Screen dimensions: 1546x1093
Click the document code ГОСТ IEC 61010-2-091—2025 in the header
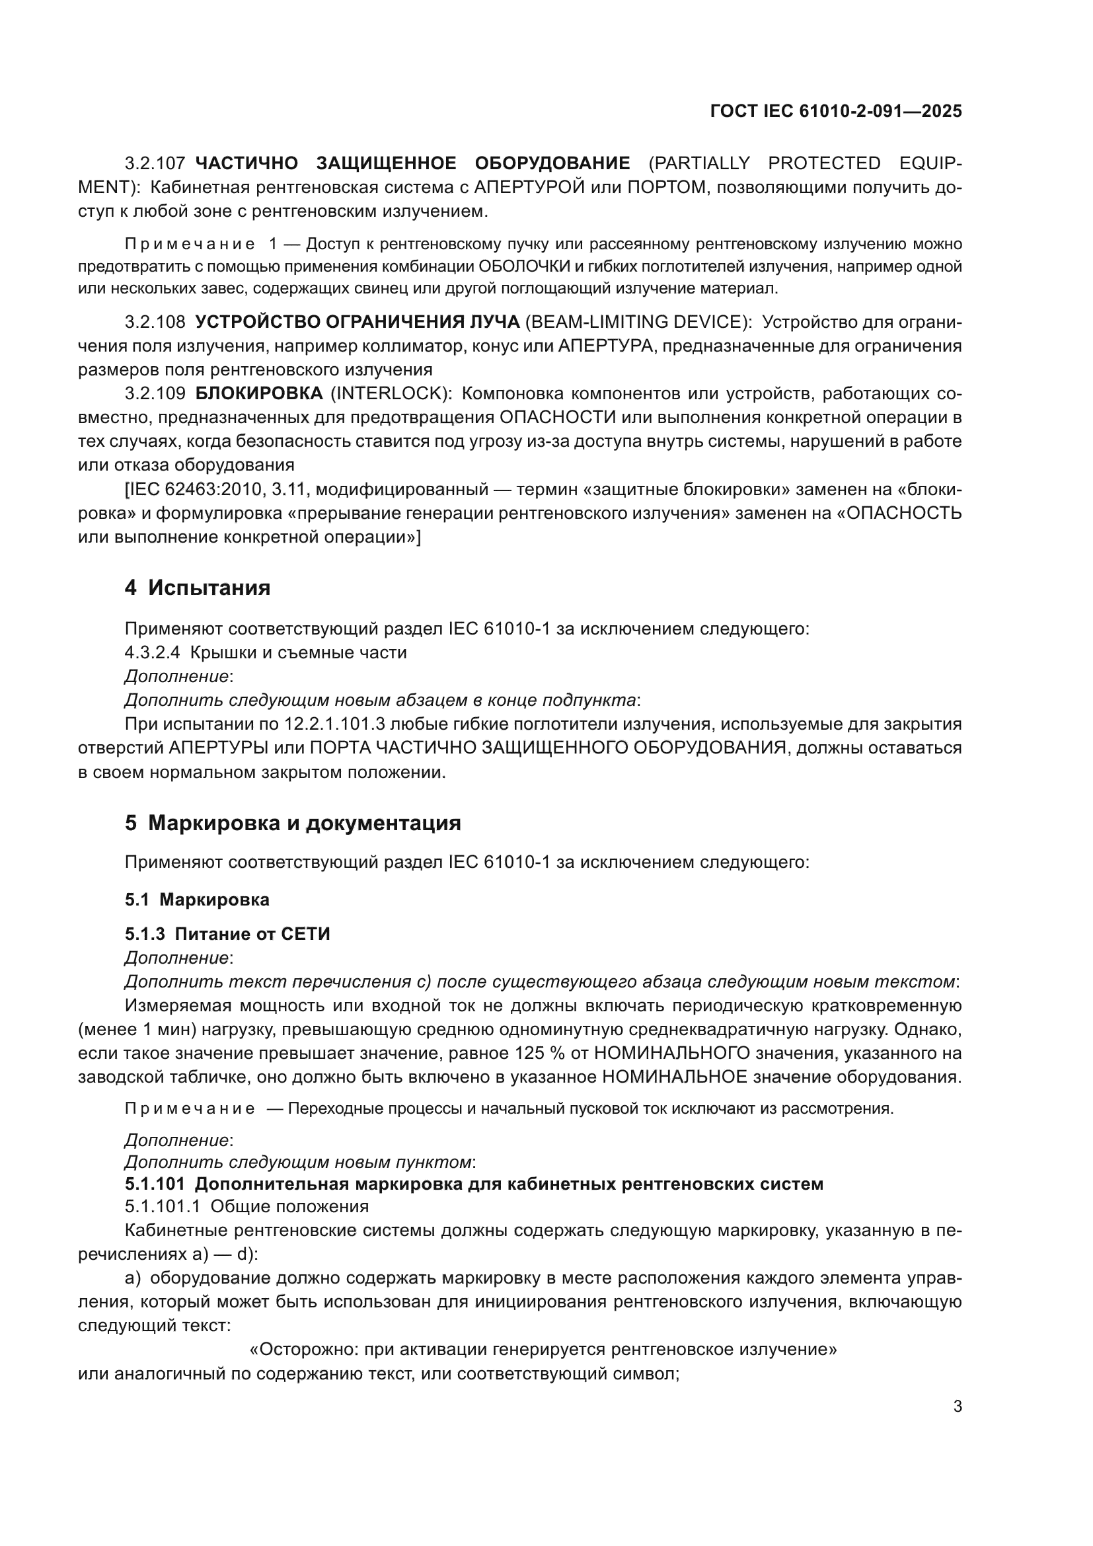point(835,111)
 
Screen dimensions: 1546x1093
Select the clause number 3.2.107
point(154,164)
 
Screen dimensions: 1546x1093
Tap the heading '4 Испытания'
point(197,588)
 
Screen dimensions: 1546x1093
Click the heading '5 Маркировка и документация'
point(293,823)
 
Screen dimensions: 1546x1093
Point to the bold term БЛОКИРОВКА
point(259,394)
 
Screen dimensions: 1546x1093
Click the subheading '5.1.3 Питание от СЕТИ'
point(227,934)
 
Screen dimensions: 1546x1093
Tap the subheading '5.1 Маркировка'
point(196,900)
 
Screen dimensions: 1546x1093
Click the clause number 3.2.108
point(154,323)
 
